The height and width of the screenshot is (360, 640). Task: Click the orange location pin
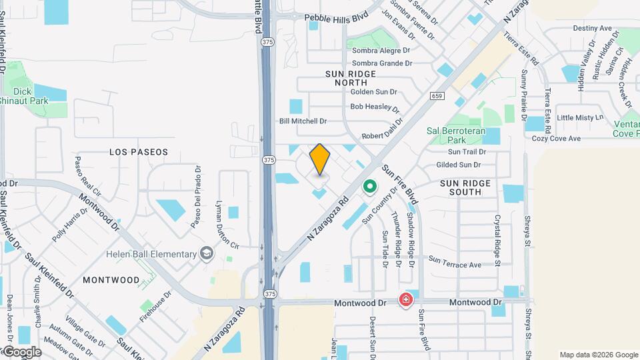pos(320,159)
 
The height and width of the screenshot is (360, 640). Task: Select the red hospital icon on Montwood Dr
pos(405,301)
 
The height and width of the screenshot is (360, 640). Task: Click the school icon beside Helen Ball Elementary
pos(207,254)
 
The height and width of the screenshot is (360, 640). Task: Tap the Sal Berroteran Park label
pos(455,135)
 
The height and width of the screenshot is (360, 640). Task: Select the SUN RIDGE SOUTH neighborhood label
pos(465,187)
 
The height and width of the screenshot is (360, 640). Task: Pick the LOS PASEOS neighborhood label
pos(139,152)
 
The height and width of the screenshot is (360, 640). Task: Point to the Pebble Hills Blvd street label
pos(337,18)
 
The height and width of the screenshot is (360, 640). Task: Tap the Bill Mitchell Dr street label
pos(303,121)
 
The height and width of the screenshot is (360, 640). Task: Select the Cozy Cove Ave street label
pos(556,139)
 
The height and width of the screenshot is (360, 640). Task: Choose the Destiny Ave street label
pos(592,29)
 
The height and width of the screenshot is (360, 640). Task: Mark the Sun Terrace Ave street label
pos(455,262)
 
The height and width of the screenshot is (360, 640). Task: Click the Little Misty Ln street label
pos(579,117)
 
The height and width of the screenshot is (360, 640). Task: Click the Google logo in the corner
pos(21,352)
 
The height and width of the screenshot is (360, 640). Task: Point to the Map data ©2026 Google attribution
pos(597,355)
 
